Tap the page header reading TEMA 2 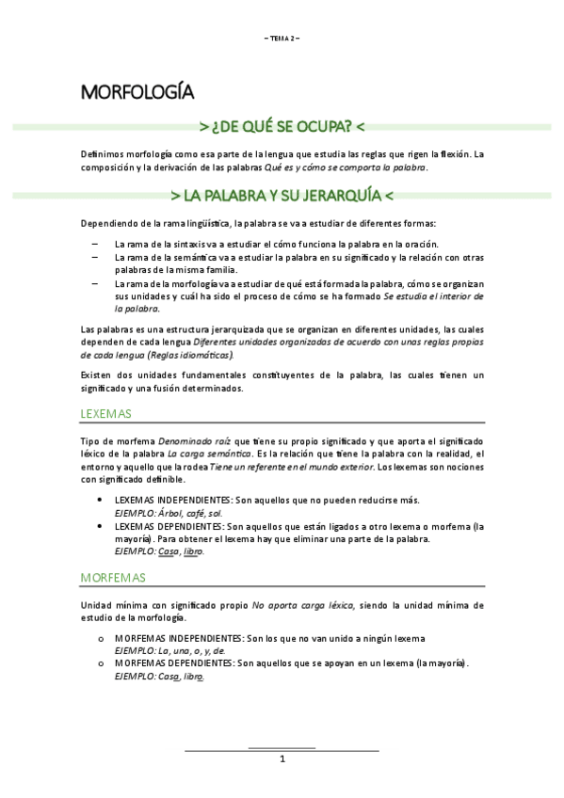(x=282, y=38)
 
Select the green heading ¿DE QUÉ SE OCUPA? (x=282, y=126)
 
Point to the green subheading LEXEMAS (x=106, y=413)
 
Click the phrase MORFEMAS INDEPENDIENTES (x=177, y=638)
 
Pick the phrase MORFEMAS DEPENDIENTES (x=173, y=663)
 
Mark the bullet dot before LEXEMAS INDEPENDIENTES (x=100, y=500)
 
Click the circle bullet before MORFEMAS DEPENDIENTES (x=100, y=663)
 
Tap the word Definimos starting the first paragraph (x=102, y=153)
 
